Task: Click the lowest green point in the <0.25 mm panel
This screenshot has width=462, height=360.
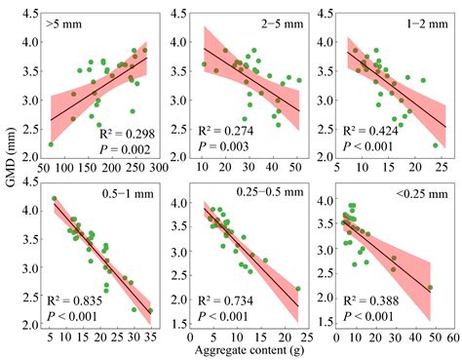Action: point(429,288)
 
